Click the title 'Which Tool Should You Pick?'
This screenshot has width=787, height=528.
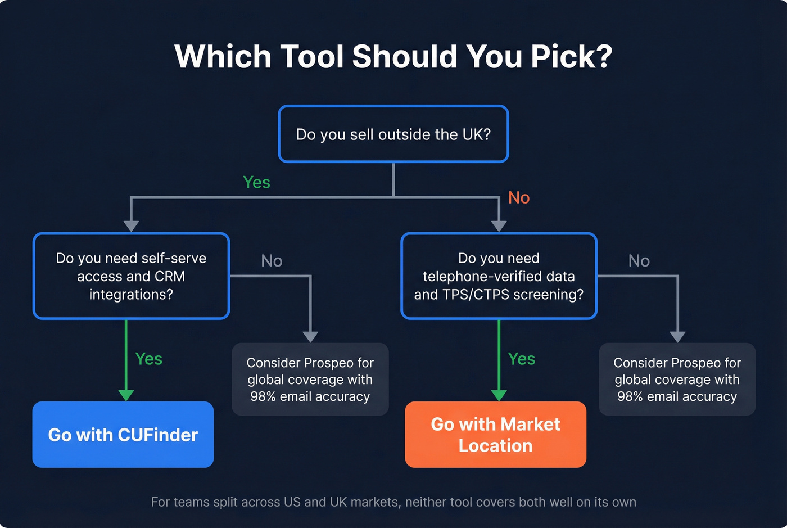pos(393,57)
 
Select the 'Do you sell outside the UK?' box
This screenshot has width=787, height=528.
pos(393,134)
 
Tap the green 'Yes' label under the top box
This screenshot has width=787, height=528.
pos(256,182)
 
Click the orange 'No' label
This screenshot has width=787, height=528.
pos(518,198)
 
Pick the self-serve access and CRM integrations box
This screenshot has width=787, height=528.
pos(131,276)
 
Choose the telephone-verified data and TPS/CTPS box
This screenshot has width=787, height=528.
pos(499,276)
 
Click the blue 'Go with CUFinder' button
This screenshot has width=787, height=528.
pos(123,435)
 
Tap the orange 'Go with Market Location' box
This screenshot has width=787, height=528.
pos(495,435)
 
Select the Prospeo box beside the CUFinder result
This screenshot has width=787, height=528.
pos(310,380)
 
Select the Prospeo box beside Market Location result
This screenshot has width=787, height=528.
pos(677,380)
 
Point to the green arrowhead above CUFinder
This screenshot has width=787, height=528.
pos(126,395)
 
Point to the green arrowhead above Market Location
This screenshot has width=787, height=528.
pos(499,395)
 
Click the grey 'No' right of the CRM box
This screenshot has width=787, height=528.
pos(272,261)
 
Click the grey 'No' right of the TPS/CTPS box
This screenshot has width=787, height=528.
pos(639,261)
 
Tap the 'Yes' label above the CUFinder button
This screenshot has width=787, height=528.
pos(148,359)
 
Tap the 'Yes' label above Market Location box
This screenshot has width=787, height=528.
pos(521,359)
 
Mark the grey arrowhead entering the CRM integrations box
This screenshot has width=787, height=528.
pos(131,225)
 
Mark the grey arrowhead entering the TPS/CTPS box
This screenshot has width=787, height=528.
pos(499,225)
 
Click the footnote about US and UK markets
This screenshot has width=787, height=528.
pos(393,502)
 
